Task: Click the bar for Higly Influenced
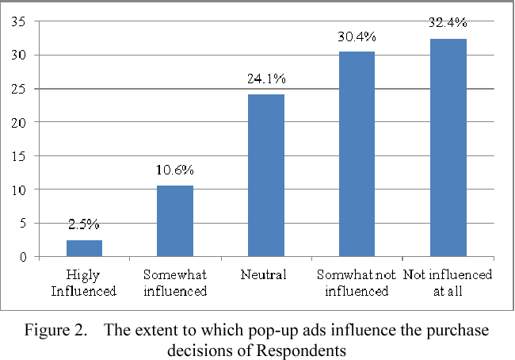tap(84, 248)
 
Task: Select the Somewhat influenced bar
tap(175, 221)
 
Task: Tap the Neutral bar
tap(266, 176)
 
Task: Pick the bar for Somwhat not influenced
tap(357, 155)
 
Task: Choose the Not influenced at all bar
tap(448, 147)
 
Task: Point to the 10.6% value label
tap(175, 170)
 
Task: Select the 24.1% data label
tap(266, 79)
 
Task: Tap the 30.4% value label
tap(357, 36)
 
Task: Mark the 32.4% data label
tap(448, 23)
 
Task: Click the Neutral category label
tap(266, 275)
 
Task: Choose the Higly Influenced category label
tap(84, 283)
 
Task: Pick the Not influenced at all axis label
tap(448, 283)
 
